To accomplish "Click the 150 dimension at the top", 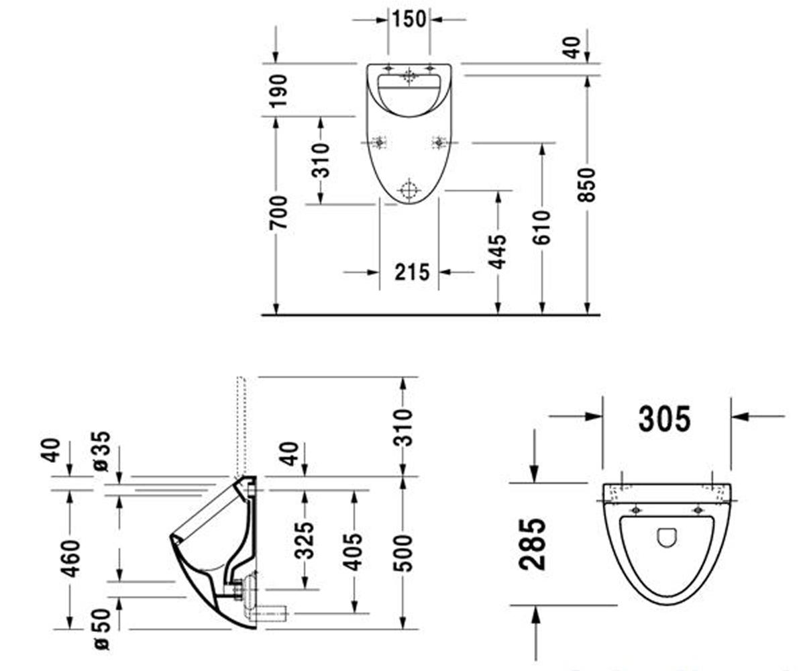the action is click(409, 19).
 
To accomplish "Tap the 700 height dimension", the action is click(278, 213).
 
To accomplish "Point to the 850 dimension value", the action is click(586, 185).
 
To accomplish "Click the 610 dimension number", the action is click(541, 227).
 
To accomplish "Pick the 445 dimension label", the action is click(497, 252).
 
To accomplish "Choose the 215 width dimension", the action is click(412, 272).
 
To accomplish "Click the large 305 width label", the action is click(665, 419).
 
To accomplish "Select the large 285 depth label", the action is click(533, 544).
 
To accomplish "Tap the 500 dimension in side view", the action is click(403, 553).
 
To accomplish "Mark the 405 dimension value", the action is click(352, 552).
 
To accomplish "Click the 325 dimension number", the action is click(304, 540).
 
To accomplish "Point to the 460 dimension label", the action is click(70, 558).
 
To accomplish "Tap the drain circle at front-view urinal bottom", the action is click(409, 190).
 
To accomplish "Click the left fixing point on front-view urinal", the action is click(380, 143).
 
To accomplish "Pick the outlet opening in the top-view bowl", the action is click(667, 537).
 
